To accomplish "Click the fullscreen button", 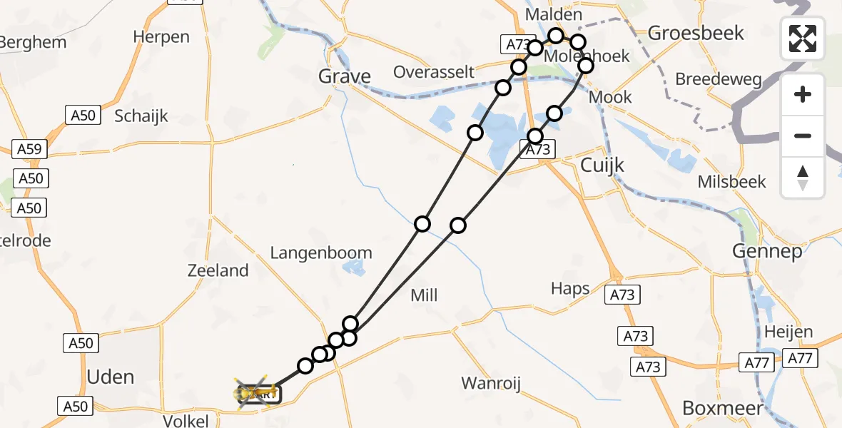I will click(803, 39).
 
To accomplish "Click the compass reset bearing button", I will click(803, 178).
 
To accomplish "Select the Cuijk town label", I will click(602, 165).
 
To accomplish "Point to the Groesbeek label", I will click(695, 33).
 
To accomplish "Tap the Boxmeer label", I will click(723, 407).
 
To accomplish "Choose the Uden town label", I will click(110, 376).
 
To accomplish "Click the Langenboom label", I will click(321, 253).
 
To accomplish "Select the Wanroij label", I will click(491, 383).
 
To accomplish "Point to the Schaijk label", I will click(141, 116).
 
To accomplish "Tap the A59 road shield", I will click(31, 149).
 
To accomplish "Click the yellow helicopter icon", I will click(256, 392).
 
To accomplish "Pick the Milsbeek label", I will click(731, 181).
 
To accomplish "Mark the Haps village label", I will click(570, 288).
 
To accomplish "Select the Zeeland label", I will click(218, 270).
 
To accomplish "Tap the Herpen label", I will click(161, 36).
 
